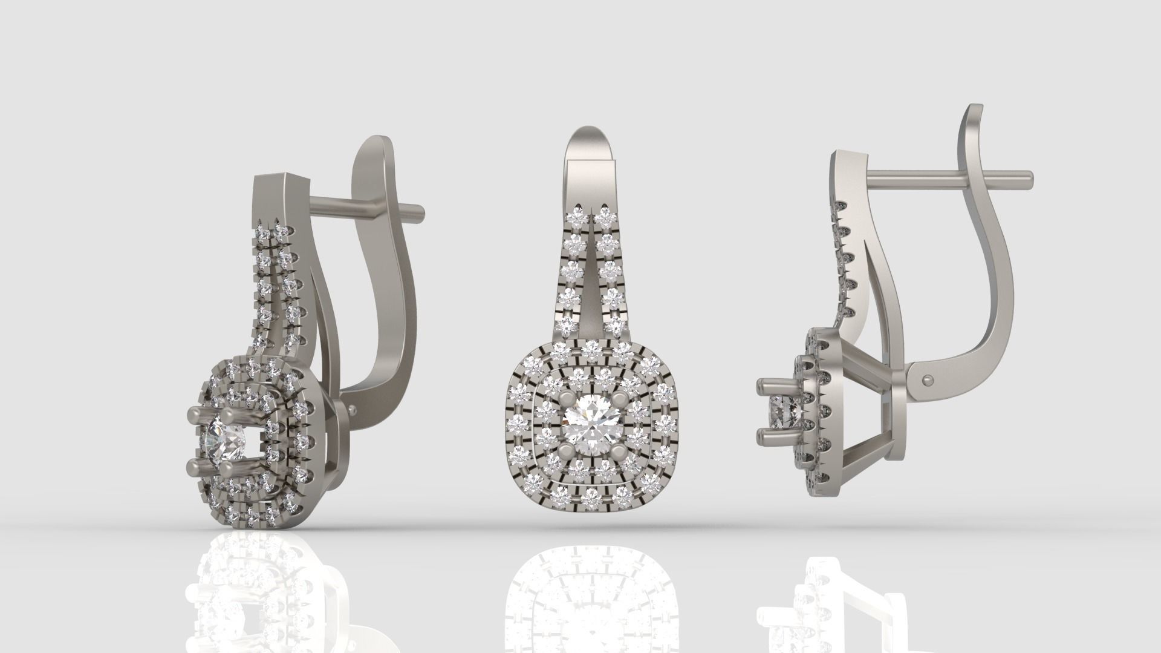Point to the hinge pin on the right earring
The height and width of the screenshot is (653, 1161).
(x=928, y=379)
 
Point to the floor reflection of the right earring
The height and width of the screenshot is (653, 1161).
(x=834, y=599)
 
